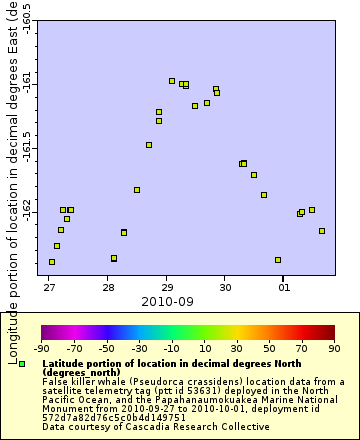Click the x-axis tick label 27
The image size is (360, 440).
pyautogui.click(x=49, y=287)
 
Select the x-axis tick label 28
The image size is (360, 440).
pyautogui.click(x=108, y=287)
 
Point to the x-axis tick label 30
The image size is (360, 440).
pyautogui.click(x=226, y=287)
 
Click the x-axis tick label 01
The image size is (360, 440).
pyautogui.click(x=285, y=287)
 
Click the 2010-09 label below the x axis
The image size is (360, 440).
pyautogui.click(x=161, y=300)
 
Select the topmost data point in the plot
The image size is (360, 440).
pyautogui.click(x=172, y=81)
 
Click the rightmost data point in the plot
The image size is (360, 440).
pyautogui.click(x=322, y=231)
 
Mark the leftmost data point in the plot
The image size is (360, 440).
pyautogui.click(x=52, y=262)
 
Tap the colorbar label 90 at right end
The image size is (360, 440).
pyautogui.click(x=334, y=349)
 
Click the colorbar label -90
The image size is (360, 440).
pyautogui.click(x=41, y=349)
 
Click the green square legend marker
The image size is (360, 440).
pyautogui.click(x=22, y=363)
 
